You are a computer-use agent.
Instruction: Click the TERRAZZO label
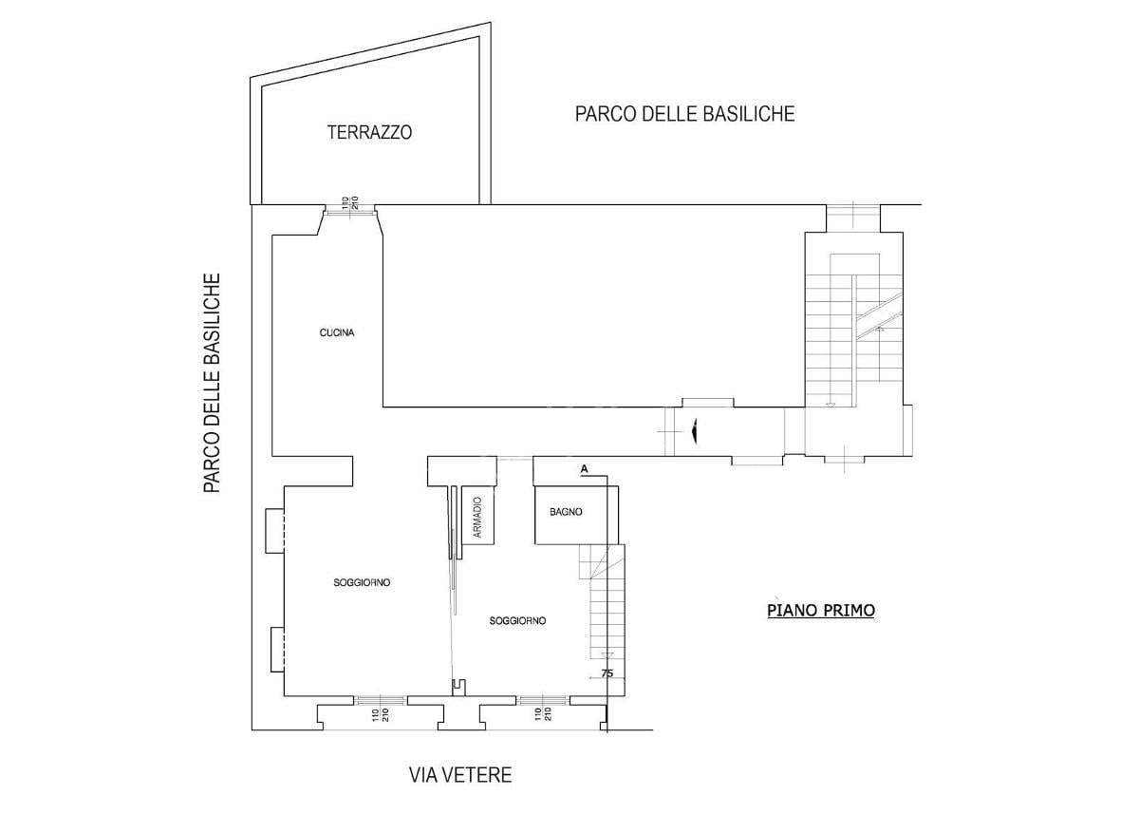coord(369,132)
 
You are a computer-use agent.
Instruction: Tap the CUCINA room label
coord(337,332)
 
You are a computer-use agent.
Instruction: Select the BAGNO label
coord(566,512)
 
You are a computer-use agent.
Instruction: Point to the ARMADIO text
coord(476,517)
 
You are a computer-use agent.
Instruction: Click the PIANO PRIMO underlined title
coord(821,610)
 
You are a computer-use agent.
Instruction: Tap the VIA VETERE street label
coord(460,775)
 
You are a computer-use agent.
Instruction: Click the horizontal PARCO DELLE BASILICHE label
coord(685,113)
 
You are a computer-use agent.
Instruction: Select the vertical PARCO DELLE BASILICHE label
coord(212,383)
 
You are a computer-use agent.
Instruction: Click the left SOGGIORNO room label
coord(362,582)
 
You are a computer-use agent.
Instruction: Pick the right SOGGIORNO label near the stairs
coord(517,620)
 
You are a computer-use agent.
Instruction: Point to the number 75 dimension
coord(607,673)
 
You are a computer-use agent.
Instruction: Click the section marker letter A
coord(585,468)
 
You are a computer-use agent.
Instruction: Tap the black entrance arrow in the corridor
coord(694,431)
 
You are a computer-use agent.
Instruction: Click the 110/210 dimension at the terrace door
coord(350,203)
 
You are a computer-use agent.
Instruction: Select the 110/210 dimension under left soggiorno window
coord(381,715)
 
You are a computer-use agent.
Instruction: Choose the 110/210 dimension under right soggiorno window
coord(543,713)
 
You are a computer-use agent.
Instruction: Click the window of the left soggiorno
coord(381,701)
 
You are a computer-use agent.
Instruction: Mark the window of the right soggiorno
coord(543,701)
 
